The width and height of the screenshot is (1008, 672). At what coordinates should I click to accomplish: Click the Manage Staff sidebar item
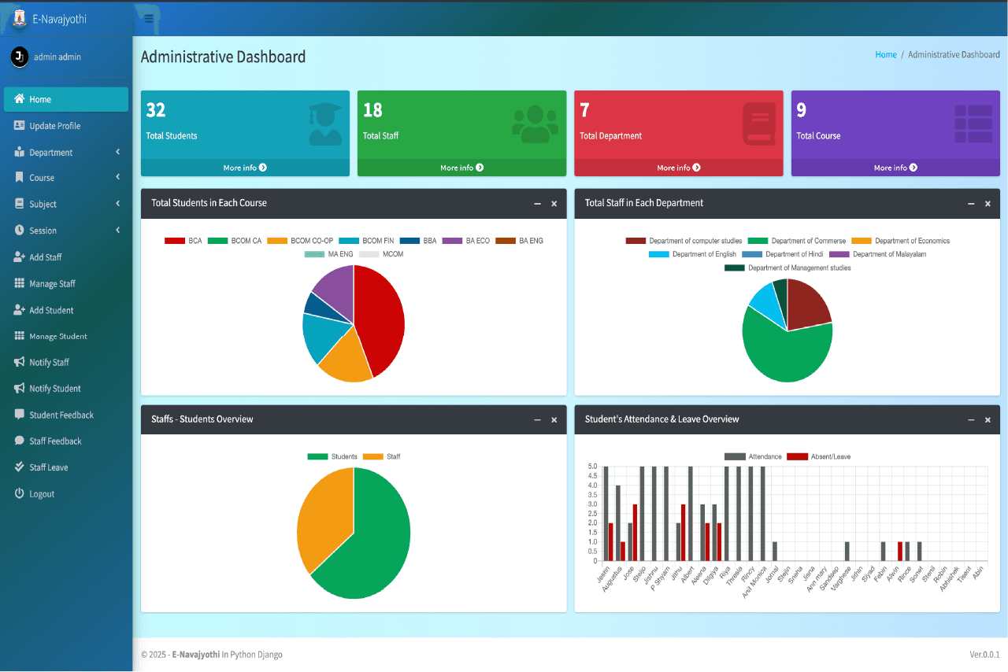coord(52,283)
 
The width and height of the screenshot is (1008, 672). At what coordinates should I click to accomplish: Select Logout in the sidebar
coord(42,493)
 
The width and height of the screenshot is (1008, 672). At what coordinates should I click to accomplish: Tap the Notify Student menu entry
coord(54,389)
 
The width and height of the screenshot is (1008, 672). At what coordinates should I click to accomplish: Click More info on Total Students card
coord(245,168)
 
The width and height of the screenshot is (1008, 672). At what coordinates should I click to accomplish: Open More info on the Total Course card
coord(895,168)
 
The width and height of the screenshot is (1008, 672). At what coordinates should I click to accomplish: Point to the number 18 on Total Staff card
coord(372,110)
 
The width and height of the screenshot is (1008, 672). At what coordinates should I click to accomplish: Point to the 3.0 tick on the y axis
coord(592,504)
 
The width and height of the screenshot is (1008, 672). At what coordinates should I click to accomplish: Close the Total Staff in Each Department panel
coord(988,204)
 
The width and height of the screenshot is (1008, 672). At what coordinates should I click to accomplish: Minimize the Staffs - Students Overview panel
coord(537,420)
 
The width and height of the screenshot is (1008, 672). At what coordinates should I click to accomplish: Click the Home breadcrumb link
coord(886,55)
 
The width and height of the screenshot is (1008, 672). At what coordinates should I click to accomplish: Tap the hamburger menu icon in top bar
coord(149,19)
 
